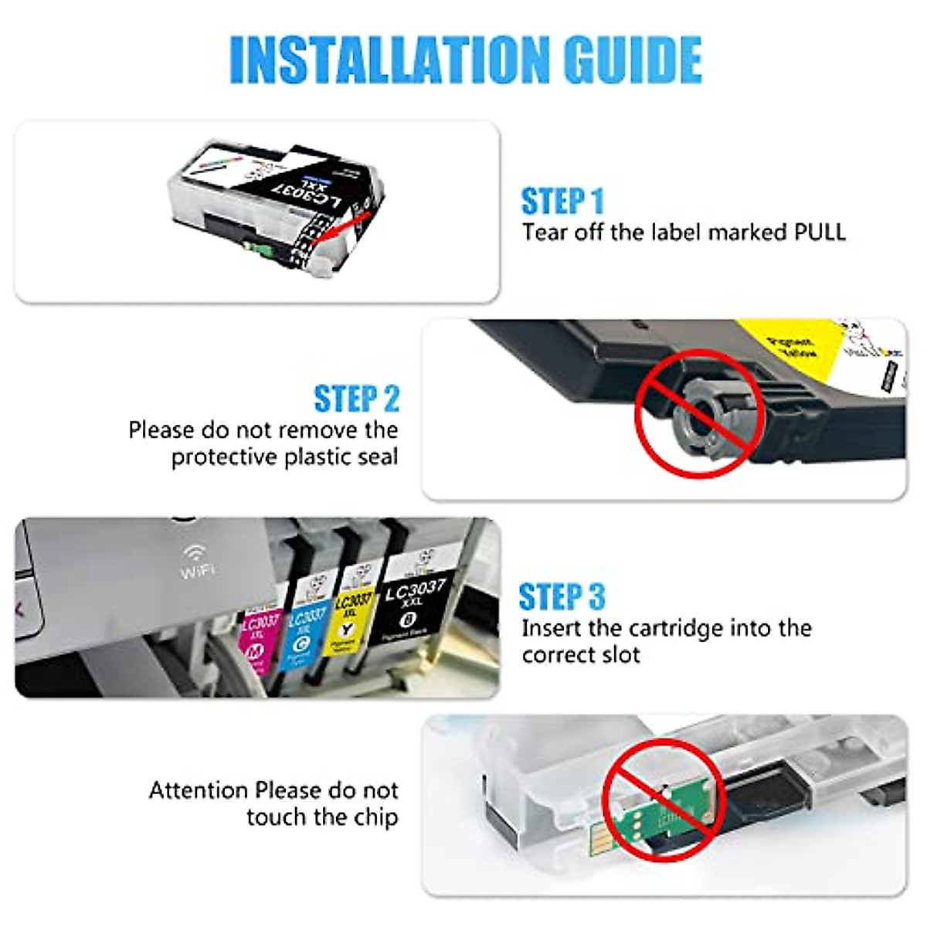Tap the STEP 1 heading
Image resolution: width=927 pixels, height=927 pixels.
562,201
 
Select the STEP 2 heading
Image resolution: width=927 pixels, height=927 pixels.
356,399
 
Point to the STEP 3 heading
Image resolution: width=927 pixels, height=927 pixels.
562,596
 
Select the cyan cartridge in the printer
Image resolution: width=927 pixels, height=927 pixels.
304,630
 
